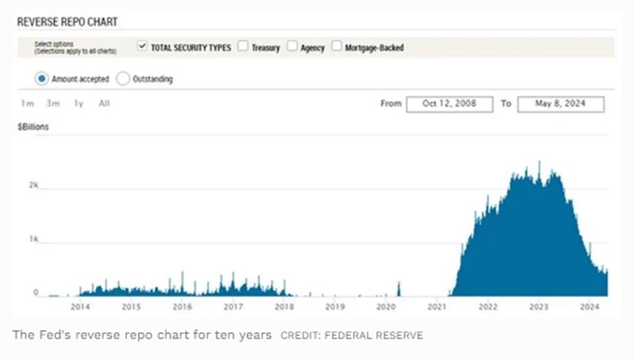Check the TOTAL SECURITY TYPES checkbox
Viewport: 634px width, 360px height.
(143, 47)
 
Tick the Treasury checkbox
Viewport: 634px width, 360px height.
(243, 47)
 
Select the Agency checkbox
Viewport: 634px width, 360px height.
(292, 47)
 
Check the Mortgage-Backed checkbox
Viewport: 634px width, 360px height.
(337, 47)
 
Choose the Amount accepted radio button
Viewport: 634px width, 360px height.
(41, 79)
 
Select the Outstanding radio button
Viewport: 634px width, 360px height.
(123, 79)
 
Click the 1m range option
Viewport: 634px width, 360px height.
(28, 104)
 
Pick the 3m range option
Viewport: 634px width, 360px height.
(53, 104)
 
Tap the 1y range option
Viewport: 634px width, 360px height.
(78, 104)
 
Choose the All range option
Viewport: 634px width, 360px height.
(104, 104)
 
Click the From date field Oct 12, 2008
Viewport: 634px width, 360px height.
(449, 104)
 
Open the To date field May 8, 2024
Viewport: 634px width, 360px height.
(560, 104)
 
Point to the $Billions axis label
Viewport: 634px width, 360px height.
(34, 127)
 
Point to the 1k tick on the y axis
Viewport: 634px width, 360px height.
(32, 238)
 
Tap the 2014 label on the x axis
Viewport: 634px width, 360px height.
(80, 307)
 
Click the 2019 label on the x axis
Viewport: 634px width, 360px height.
(335, 307)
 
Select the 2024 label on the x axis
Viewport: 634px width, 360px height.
(590, 307)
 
